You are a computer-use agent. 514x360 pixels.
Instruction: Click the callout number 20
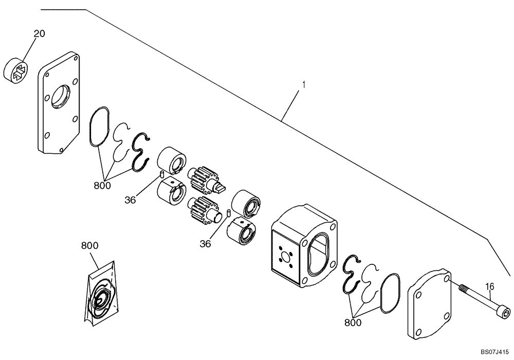40,34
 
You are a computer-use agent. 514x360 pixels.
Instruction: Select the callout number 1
304,83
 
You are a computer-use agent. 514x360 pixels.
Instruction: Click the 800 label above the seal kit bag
90,246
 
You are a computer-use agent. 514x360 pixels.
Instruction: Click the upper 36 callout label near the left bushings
131,200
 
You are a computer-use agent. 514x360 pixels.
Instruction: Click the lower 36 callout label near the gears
205,244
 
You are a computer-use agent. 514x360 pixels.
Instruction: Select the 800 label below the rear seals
353,322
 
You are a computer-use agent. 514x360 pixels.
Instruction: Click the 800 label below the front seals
102,185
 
